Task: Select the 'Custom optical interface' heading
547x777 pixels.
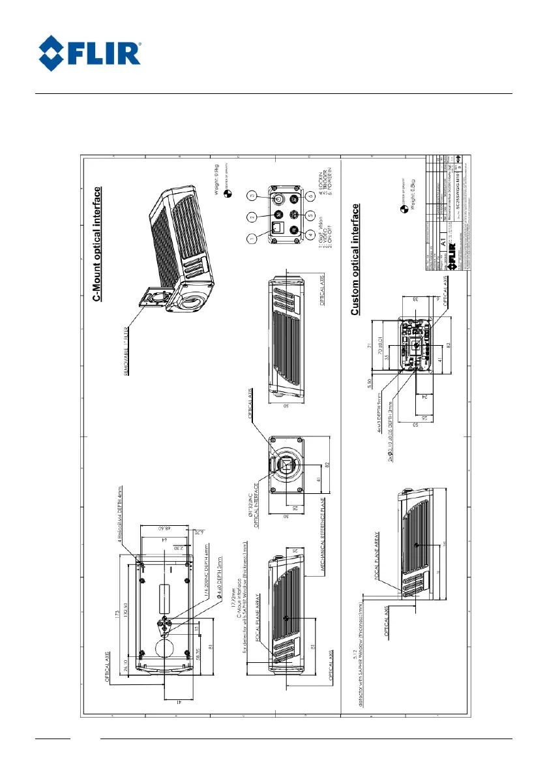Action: click(x=355, y=260)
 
